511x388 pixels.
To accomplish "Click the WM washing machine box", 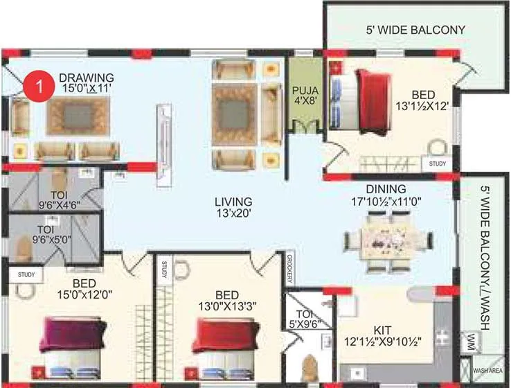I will (472, 341).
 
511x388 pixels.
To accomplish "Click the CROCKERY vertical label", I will (290, 268).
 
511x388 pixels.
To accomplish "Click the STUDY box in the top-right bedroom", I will (437, 164).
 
